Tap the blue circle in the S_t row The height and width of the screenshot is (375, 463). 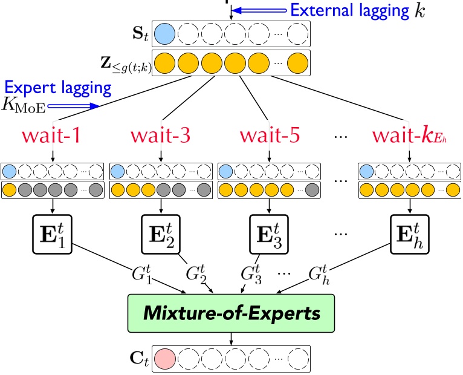(x=165, y=33)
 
